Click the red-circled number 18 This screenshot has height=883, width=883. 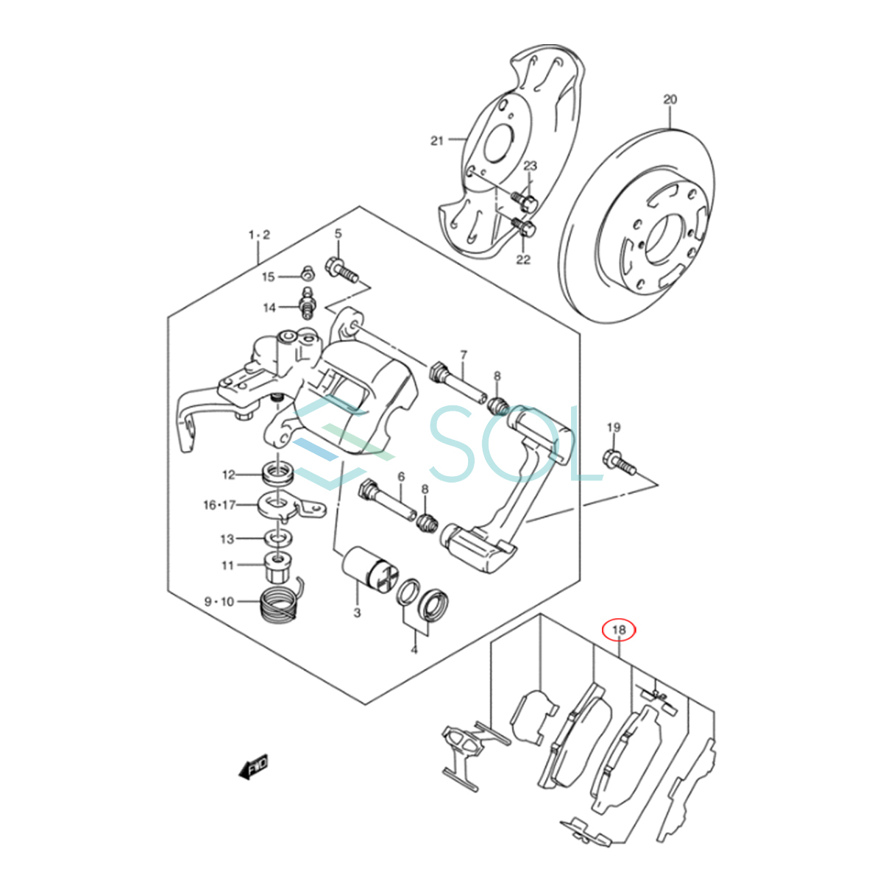click(x=619, y=630)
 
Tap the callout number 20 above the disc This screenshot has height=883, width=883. click(x=670, y=99)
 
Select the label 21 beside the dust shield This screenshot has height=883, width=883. click(x=437, y=141)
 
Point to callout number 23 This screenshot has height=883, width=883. click(x=530, y=166)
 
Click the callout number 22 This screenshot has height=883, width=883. click(x=523, y=259)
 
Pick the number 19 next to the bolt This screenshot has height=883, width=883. click(x=614, y=428)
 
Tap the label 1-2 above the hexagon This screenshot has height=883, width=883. click(x=259, y=235)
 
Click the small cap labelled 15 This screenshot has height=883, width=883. click(x=308, y=274)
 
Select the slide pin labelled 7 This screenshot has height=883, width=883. click(x=459, y=383)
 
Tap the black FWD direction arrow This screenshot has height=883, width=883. click(x=253, y=767)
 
